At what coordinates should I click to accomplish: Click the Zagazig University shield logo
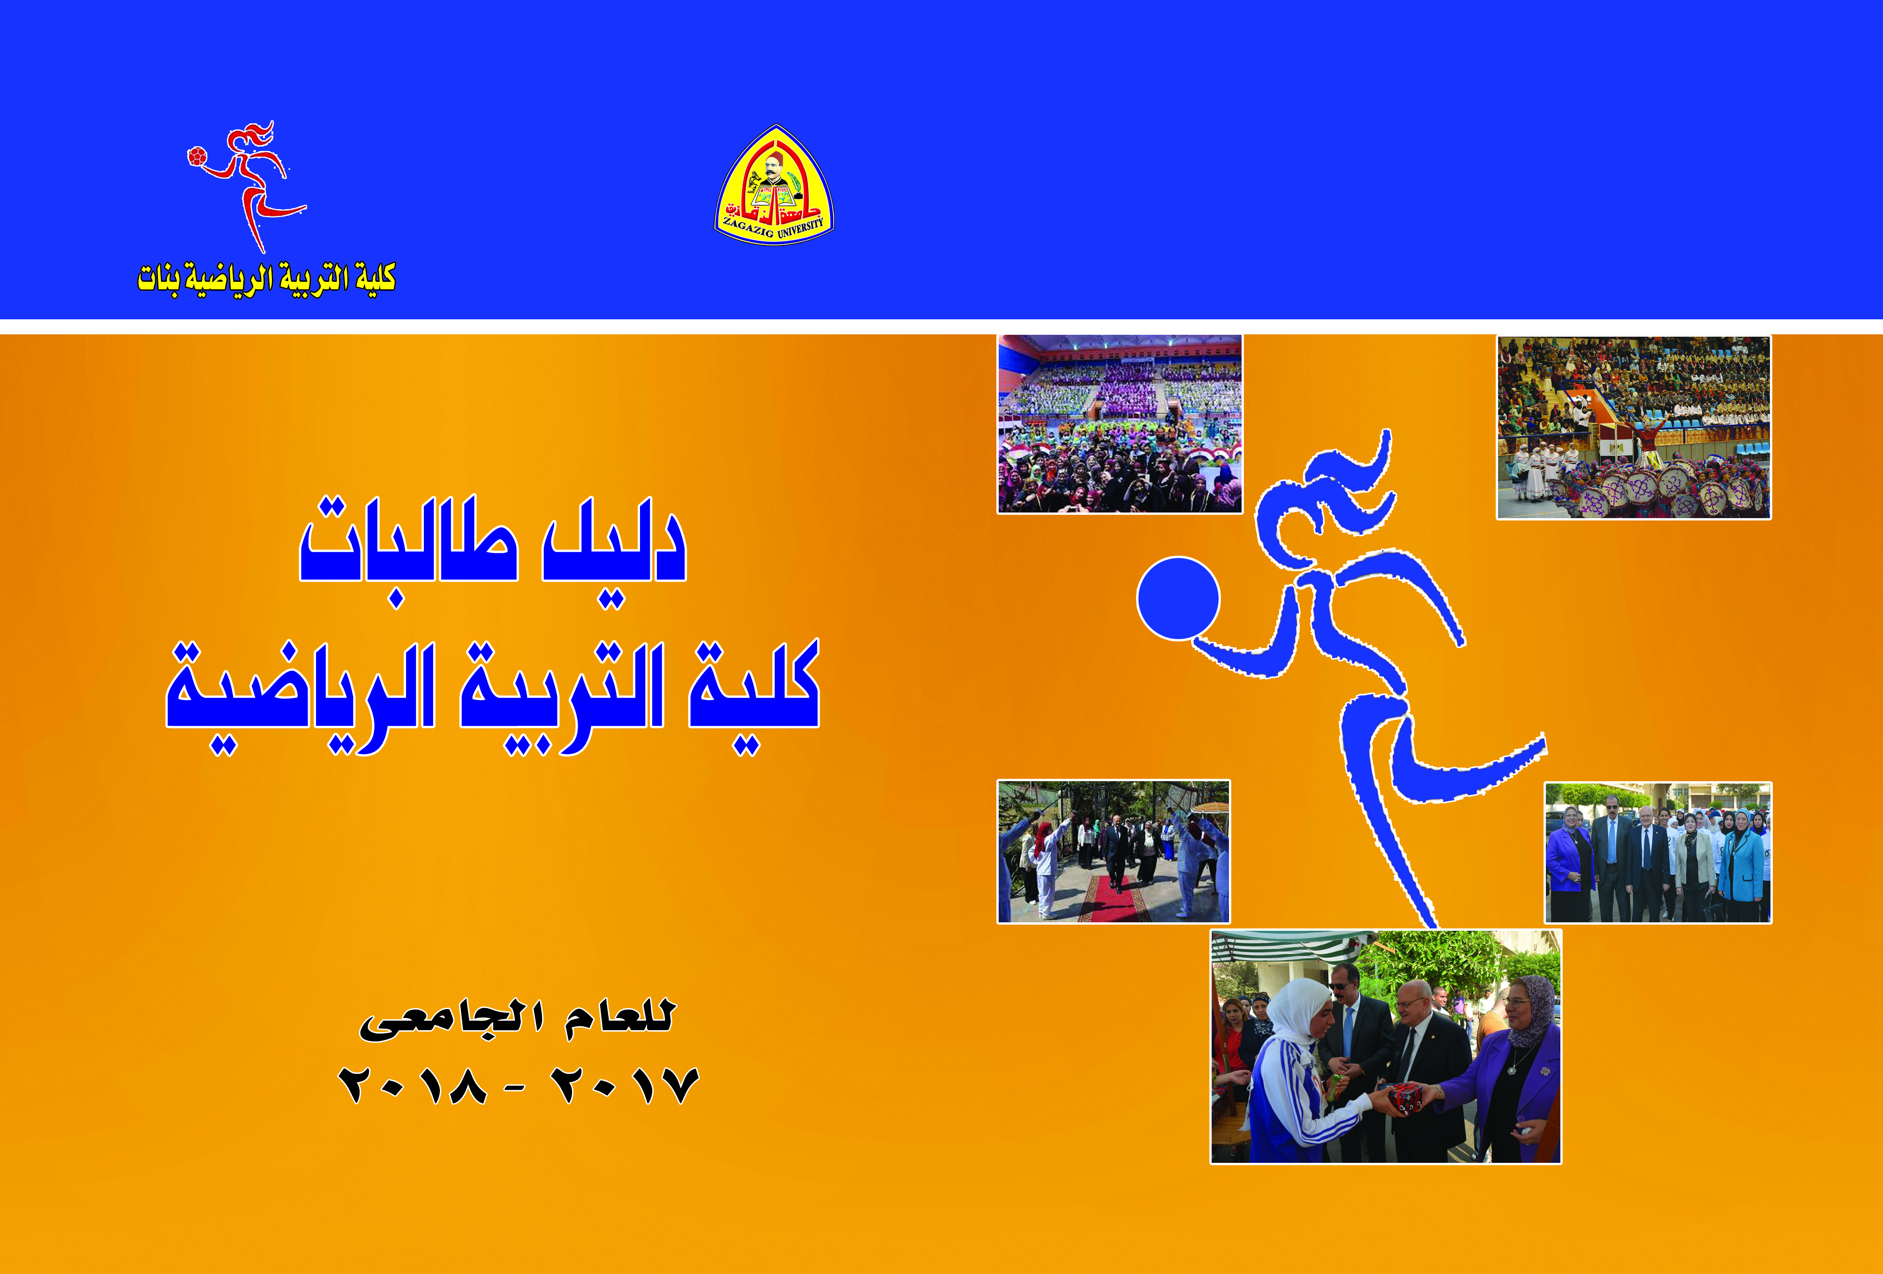coord(774,185)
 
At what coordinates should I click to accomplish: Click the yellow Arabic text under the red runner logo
coord(267,279)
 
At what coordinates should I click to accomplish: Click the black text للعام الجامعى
coord(517,1019)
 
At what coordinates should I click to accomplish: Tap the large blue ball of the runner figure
coord(1178,598)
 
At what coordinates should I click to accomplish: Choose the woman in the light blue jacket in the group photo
coord(1742,867)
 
